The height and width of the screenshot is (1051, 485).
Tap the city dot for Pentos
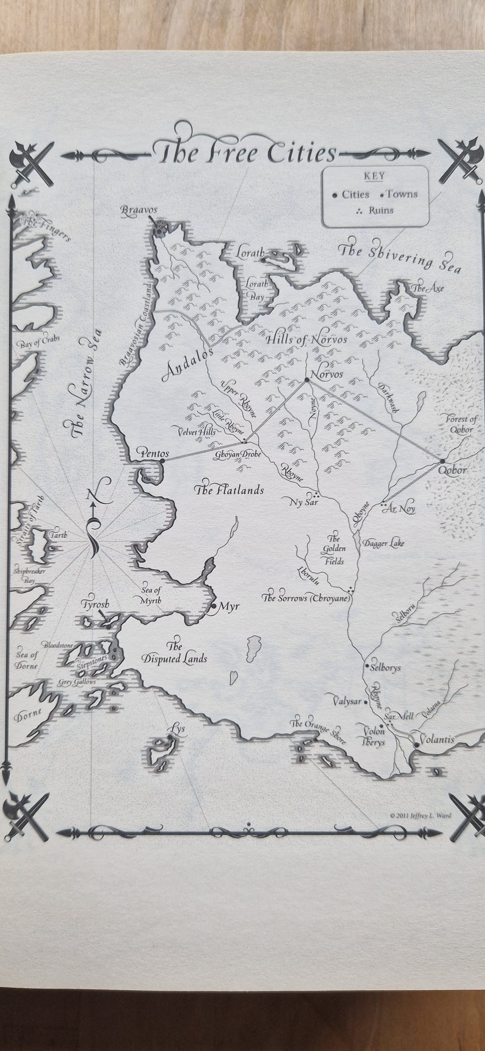coord(162,461)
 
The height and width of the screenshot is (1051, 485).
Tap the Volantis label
coord(437,739)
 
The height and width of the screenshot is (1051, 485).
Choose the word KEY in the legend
coord(374,176)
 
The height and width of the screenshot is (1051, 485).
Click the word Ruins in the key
coord(381,210)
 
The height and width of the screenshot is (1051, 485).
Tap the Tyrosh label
coord(94,604)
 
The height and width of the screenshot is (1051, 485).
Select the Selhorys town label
coord(385,667)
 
